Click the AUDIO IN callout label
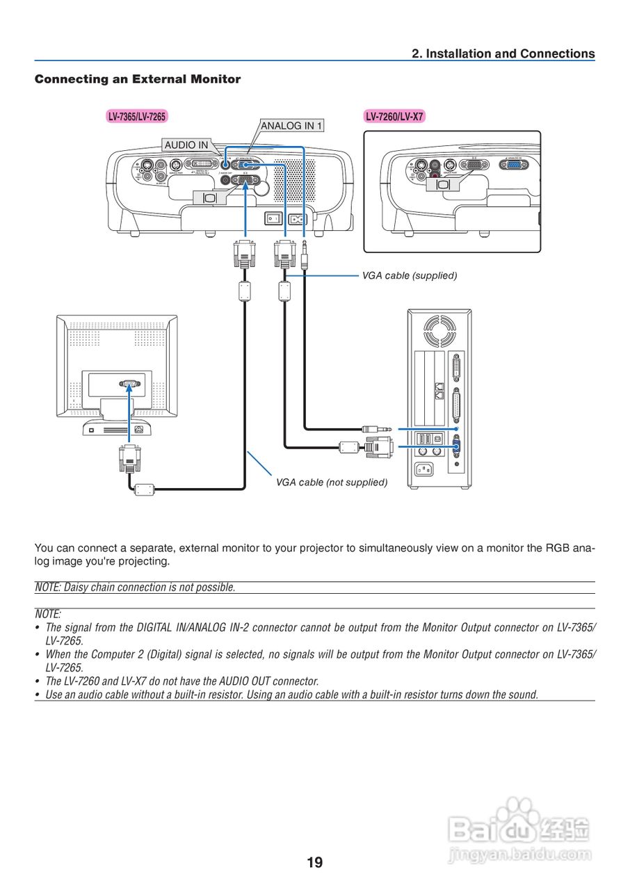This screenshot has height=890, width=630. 186,145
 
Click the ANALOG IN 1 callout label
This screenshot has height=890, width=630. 291,126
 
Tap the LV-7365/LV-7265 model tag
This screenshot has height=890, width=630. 136,117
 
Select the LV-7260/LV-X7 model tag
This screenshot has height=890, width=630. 394,117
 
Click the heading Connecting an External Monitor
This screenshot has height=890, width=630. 138,79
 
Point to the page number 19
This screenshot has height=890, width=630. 314,863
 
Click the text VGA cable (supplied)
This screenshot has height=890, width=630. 410,275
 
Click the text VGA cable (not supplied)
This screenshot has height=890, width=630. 332,482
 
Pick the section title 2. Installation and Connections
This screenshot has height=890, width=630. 503,54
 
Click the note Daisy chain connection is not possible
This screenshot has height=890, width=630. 136,588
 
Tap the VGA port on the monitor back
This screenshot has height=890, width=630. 129,383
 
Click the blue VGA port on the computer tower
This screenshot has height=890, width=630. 456,447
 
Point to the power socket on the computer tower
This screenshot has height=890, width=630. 424,469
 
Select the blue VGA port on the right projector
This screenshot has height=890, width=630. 514,165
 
